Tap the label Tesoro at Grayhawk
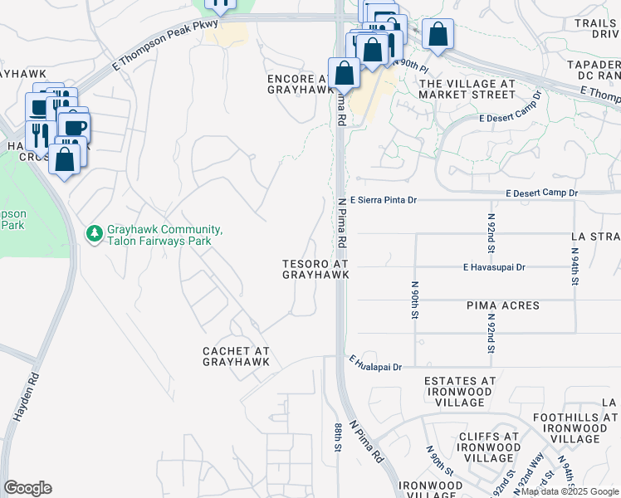coord(315,269)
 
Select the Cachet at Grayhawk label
coord(237,356)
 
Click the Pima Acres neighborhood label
coord(502,305)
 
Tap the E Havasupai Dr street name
coord(495,267)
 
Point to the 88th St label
coord(339,436)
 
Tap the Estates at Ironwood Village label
coord(460,391)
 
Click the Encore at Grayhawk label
coord(301,84)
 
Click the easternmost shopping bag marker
coord(438,35)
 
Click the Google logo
coord(27,488)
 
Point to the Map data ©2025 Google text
coord(570,491)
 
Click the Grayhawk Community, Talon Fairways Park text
coord(158,235)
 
